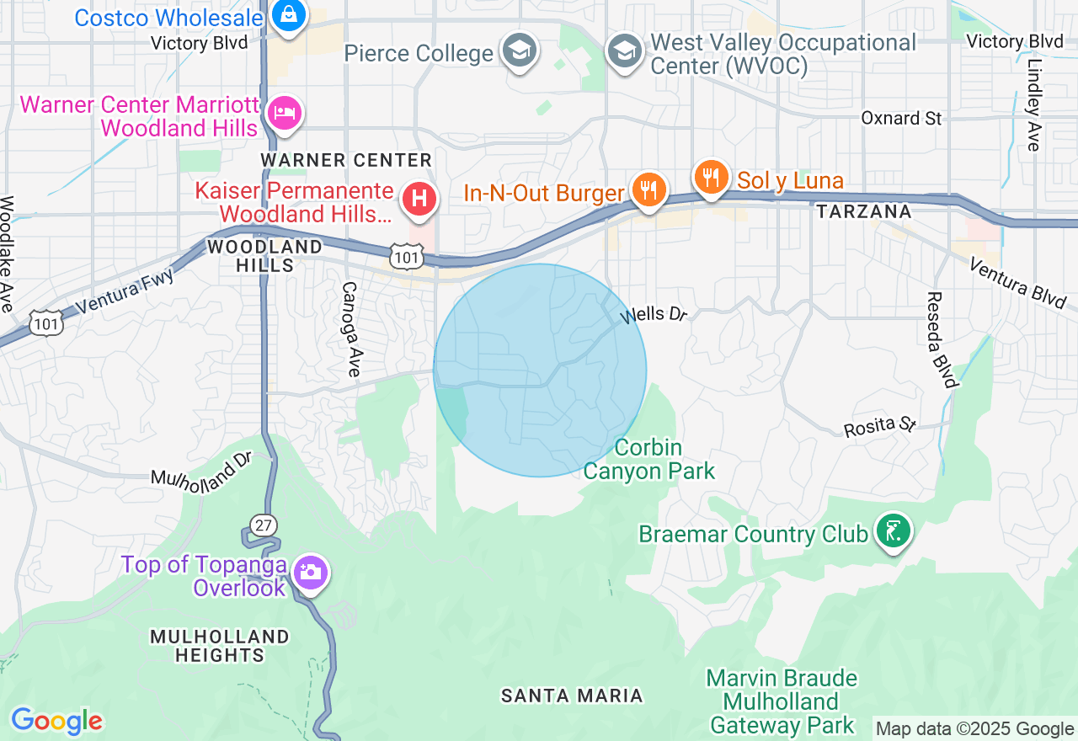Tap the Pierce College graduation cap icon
[x=520, y=51]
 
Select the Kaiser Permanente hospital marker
[x=419, y=200]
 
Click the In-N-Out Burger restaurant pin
[x=648, y=190]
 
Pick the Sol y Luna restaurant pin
[x=712, y=177]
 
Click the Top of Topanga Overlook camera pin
[x=311, y=573]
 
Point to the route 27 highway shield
[x=264, y=525]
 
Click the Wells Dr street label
[x=654, y=315]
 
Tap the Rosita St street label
[x=879, y=425]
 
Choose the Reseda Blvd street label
[x=942, y=340]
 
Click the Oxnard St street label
[x=901, y=118]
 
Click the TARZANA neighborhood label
[x=864, y=211]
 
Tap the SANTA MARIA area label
[x=572, y=696]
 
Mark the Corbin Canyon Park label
[x=648, y=459]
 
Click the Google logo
[x=56, y=722]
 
